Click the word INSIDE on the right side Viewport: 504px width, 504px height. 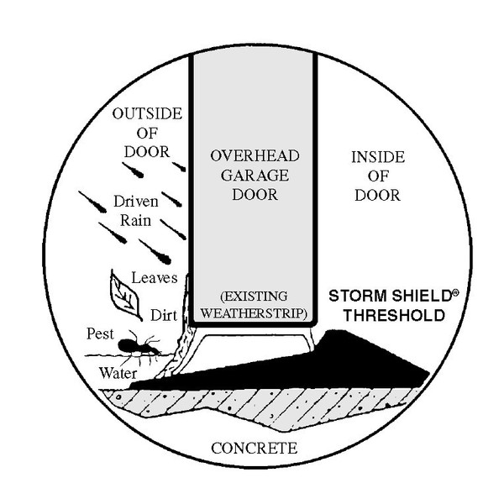tap(377, 157)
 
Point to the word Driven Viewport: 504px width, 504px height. tap(134, 203)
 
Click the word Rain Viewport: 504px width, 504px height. tap(134, 221)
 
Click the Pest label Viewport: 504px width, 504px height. tap(100, 333)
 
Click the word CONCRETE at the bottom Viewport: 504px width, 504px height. tap(254, 448)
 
